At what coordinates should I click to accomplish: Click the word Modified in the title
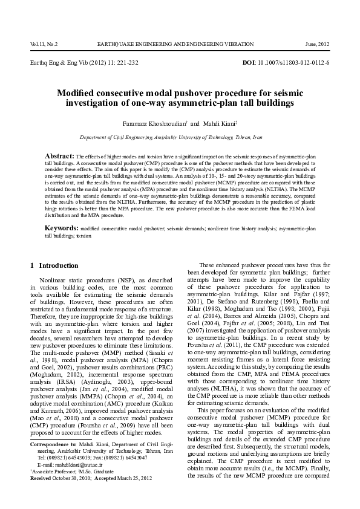(79, 93)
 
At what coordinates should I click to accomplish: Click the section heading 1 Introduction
(54, 265)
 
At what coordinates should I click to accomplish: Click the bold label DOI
(249, 63)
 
